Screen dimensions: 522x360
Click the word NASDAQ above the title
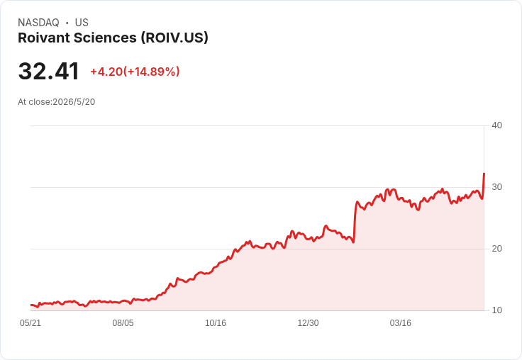(38, 23)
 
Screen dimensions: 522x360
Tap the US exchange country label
(82, 23)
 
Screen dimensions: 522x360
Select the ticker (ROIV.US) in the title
(174, 38)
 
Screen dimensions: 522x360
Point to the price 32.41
(49, 71)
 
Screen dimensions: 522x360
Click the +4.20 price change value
(106, 72)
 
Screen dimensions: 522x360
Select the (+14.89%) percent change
(152, 72)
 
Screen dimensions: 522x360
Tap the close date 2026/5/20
(74, 102)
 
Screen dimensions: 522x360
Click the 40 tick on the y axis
(496, 125)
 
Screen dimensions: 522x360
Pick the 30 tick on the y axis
(496, 187)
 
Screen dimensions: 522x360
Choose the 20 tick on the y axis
(496, 249)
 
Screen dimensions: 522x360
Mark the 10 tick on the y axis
(496, 310)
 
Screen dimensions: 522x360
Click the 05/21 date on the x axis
(30, 323)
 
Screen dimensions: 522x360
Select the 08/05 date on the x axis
(123, 323)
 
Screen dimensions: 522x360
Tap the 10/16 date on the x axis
(216, 323)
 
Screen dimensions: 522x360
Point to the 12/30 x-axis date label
(308, 323)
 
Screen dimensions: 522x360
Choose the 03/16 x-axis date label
(401, 323)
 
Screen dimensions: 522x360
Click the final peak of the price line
(484, 174)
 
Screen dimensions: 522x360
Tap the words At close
(34, 102)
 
